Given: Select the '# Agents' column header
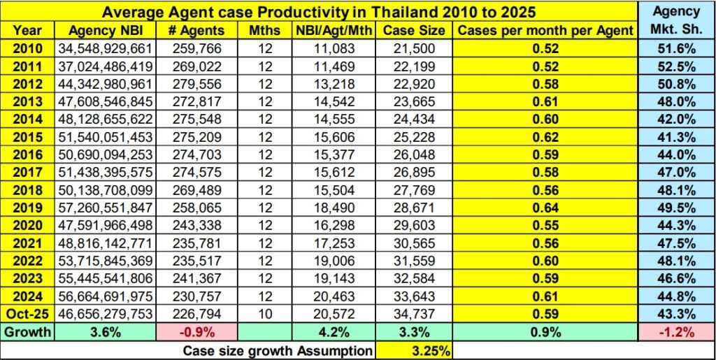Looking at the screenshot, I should (196, 30).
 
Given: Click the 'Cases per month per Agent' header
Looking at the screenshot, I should (545, 30).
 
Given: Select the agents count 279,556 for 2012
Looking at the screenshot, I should (196, 84).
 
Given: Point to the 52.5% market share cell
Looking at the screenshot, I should (677, 66).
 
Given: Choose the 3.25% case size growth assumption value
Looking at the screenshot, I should (413, 350).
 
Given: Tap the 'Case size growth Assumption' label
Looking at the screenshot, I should (277, 350).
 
